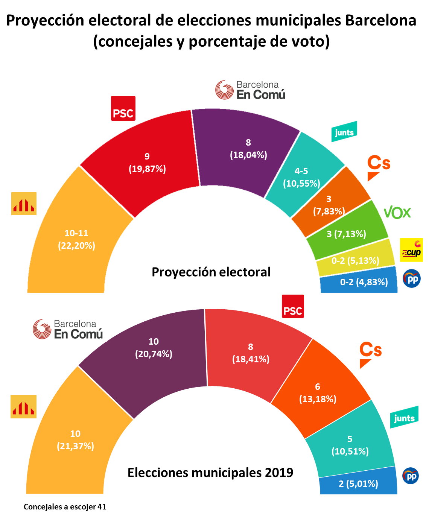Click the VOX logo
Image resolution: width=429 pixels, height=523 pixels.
point(397,213)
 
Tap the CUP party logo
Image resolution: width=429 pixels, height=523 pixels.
point(411,250)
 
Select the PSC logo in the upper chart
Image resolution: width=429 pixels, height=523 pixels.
point(123,108)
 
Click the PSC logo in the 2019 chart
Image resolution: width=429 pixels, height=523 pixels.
point(293,306)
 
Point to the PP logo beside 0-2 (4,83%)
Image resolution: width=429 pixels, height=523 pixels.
point(411,279)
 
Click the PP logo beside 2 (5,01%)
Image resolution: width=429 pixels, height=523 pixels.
point(411,476)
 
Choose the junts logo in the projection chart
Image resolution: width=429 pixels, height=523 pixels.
point(344,132)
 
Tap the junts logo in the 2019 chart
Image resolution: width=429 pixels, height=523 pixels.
point(405,417)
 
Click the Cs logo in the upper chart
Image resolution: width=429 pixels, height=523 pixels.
point(378,167)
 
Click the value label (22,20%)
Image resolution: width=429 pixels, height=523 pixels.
point(76,246)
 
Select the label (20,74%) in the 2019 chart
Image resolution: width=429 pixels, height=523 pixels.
point(154,354)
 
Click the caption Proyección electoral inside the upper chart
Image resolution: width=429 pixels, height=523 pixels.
point(211,272)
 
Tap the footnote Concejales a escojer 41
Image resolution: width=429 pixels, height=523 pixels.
point(65,507)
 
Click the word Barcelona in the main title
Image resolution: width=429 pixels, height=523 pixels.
point(380,20)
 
